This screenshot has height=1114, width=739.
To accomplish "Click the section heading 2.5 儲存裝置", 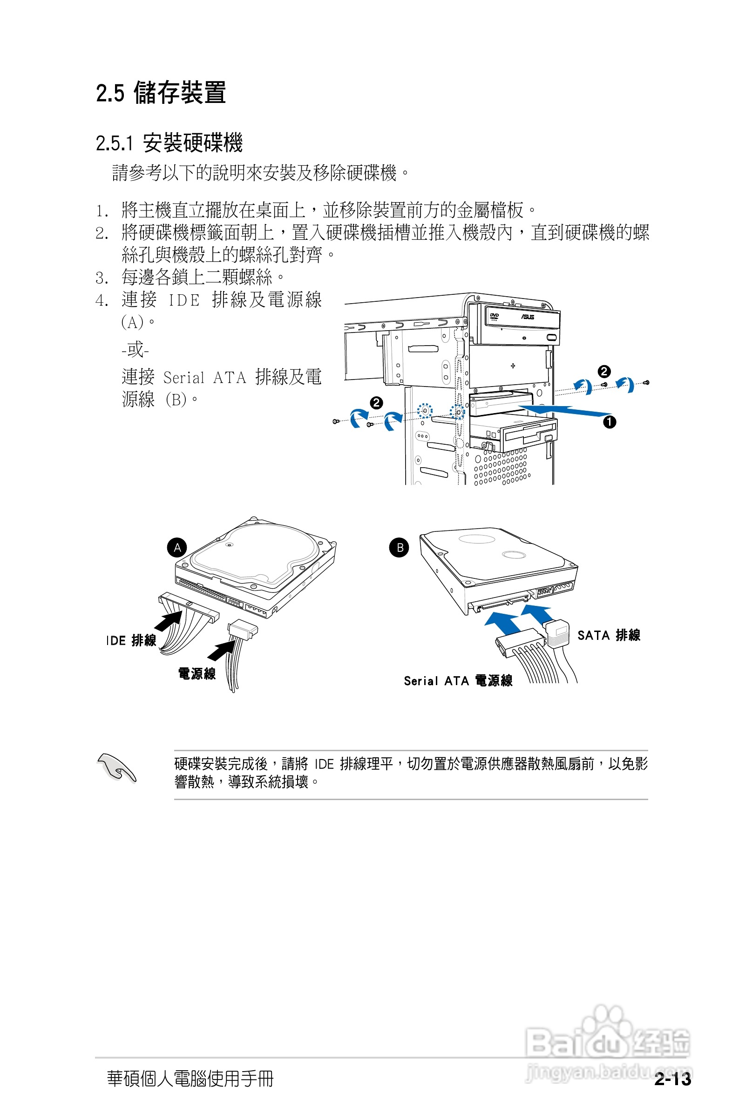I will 161,92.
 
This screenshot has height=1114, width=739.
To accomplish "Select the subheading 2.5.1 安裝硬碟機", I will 169,143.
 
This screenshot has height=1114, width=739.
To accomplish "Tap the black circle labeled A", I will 177,548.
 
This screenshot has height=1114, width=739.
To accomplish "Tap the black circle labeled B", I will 399,548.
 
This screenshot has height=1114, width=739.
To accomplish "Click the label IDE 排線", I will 130,640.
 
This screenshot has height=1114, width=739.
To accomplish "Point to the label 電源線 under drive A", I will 197,673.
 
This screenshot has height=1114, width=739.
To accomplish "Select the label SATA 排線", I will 609,635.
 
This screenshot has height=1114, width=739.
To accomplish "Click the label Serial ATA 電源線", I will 458,680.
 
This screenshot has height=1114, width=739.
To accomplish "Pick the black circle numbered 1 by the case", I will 610,422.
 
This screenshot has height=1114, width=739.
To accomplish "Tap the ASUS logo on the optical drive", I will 528,317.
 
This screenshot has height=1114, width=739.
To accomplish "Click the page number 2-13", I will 672,1079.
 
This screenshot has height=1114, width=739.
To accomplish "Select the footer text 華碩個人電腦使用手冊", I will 190,1078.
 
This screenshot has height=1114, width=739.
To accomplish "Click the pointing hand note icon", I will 116,768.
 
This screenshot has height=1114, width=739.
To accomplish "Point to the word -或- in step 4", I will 135,350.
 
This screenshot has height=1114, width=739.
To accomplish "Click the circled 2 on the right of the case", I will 604,371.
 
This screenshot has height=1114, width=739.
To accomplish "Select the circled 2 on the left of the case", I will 376,403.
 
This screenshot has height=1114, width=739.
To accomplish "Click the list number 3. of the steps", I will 102,278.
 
